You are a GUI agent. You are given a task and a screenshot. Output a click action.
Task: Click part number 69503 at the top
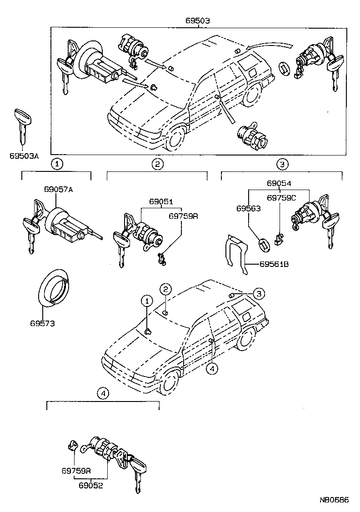(197, 21)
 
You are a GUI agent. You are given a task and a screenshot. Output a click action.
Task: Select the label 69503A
(24, 156)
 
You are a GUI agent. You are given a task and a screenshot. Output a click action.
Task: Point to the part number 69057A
(58, 189)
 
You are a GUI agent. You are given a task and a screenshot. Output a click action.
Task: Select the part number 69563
(248, 209)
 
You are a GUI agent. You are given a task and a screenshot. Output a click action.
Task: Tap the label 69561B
(275, 264)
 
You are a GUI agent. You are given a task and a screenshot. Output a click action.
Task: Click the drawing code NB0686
(333, 500)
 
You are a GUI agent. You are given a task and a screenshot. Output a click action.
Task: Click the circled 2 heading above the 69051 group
(157, 164)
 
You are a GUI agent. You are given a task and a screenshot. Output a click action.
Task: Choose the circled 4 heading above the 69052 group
(103, 393)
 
